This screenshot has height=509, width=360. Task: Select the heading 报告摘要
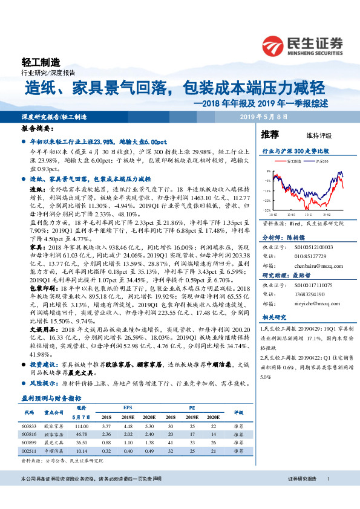(37, 129)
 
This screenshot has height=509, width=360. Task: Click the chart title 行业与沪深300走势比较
(295, 150)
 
